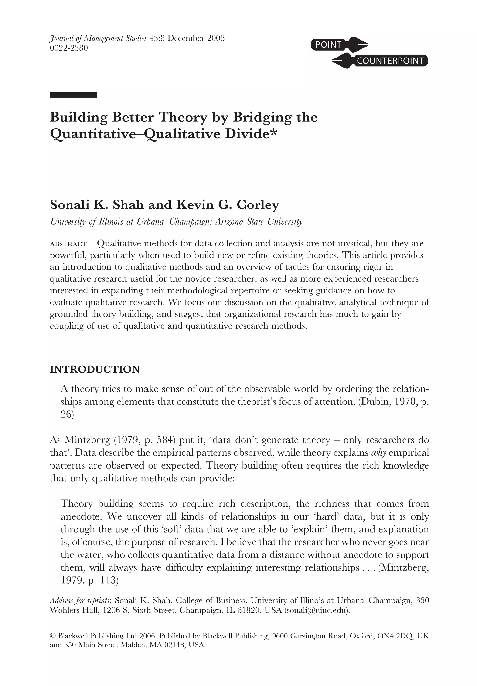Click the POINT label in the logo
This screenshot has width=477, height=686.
328,45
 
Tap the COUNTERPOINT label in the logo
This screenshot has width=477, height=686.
390,61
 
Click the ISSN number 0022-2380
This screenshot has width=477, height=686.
69,48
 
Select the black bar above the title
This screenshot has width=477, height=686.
73,95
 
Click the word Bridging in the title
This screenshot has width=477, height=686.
262,117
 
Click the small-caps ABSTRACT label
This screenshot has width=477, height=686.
68,244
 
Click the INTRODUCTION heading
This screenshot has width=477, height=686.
95,369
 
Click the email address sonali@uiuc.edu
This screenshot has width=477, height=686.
317,610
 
